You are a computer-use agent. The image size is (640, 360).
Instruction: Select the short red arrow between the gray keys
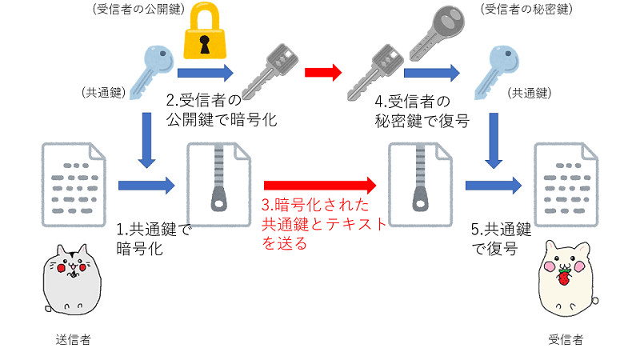322,72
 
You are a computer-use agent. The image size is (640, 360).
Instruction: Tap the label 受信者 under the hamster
566,339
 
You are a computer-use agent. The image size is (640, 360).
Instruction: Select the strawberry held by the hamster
565,276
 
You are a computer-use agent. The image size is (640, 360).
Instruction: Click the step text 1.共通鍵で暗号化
151,239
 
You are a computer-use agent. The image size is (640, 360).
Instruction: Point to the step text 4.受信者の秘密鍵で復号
421,111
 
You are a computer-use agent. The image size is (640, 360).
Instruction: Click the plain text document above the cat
73,183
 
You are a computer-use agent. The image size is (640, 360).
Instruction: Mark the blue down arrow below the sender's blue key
146,141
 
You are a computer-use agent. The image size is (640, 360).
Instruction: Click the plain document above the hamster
566,183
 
